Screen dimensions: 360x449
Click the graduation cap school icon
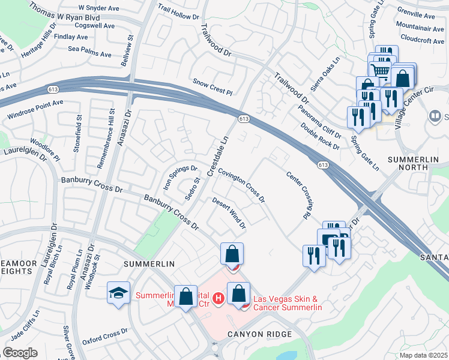tap(118, 293)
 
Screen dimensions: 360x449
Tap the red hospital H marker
tap(219, 297)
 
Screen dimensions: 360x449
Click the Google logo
tap(20, 353)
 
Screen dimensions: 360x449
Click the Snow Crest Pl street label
tap(212, 86)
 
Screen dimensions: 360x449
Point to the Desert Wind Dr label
tap(229, 213)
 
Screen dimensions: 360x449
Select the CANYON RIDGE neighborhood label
tap(259, 334)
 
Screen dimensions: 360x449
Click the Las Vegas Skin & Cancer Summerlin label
tap(288, 303)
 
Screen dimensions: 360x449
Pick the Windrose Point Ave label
tap(34, 110)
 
